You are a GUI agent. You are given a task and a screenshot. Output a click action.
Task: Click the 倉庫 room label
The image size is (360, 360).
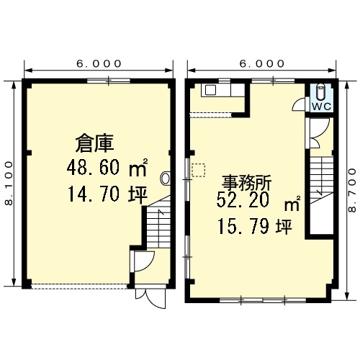94,143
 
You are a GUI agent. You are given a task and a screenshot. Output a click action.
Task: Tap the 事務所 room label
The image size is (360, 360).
246,183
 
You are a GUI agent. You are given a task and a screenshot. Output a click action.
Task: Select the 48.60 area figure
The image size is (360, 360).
93,167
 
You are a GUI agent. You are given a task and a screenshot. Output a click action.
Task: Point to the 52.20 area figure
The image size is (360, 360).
243,201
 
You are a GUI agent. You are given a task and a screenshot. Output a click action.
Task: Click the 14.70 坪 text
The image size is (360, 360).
107,194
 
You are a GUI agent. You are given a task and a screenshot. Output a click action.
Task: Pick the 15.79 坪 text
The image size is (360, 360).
255,227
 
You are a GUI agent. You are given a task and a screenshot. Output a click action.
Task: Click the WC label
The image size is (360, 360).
321,107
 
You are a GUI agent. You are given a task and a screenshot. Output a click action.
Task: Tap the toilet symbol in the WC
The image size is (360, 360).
320,92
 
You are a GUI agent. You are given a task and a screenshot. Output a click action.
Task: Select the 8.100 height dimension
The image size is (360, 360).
9,183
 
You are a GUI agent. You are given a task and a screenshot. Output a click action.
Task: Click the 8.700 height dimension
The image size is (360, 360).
353,190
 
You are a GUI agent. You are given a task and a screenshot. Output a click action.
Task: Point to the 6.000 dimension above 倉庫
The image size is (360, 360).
99,64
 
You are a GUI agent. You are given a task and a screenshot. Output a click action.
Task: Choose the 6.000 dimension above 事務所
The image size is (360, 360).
262,64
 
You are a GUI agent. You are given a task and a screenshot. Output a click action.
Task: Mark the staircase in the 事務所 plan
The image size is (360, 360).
321,181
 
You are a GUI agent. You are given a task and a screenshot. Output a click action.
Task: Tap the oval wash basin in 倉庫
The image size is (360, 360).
166,178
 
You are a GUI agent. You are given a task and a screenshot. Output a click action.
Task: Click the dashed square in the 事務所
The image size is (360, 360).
199,170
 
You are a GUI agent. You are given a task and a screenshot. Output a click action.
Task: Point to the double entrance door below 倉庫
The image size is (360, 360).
150,298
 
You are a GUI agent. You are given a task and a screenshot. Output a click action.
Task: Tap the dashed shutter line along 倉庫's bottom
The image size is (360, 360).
79,286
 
